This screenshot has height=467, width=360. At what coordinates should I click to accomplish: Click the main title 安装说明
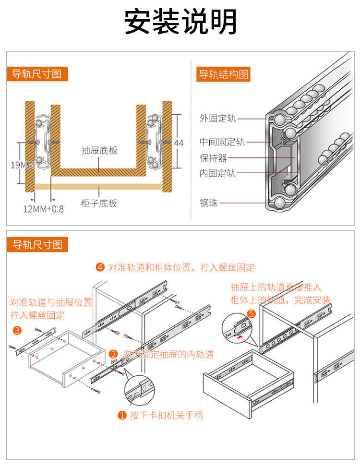pos(180,22)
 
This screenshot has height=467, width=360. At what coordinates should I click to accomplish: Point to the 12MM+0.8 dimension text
pos(43,209)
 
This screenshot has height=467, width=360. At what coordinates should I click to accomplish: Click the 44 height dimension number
pos(179,143)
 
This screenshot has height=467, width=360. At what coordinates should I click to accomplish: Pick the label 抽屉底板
pos(99,151)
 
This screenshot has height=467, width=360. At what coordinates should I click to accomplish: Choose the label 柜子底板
pos(99,204)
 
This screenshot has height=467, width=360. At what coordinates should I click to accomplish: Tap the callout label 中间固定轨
pos(222,142)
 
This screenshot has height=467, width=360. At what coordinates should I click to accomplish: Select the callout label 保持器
pos(213,158)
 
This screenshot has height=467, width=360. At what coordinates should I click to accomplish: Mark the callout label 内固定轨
pos(217,173)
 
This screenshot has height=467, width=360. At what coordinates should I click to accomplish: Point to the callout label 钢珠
pos(209,203)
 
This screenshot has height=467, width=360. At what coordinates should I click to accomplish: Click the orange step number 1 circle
pos(122,415)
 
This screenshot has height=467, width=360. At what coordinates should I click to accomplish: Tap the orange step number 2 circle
pos(114,355)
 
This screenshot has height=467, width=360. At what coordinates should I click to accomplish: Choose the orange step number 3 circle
pos(17,330)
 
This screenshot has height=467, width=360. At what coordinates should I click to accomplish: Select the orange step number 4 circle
pos(100,267)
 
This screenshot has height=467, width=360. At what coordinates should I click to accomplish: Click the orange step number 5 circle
pos(252,314)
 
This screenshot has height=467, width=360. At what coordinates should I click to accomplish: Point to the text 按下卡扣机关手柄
pos(166,415)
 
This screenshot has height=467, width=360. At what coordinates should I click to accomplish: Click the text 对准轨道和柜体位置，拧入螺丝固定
pos(181,267)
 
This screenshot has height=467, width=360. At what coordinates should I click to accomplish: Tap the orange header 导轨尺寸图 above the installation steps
pos(37,245)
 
